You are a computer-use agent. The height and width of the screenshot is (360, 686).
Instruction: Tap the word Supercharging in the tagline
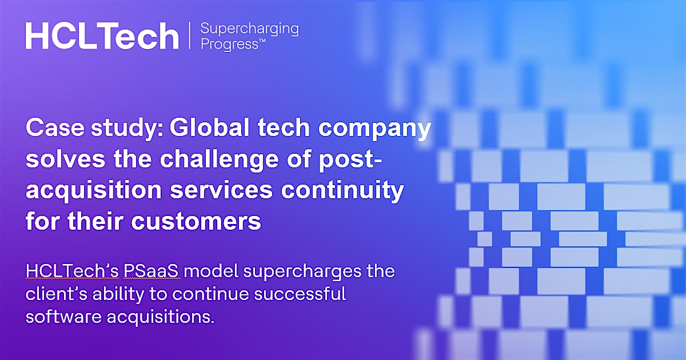(x=250, y=29)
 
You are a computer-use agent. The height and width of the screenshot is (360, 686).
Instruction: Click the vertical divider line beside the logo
(x=189, y=35)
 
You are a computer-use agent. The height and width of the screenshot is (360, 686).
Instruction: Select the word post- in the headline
(x=349, y=161)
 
